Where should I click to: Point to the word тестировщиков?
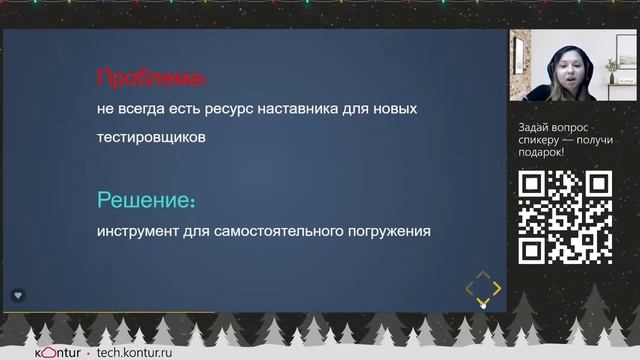tap(151, 138)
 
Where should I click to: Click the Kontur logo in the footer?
tap(57, 352)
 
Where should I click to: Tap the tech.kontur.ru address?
tap(143, 352)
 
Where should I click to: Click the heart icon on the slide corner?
tap(18, 295)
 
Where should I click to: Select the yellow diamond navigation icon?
tap(483, 289)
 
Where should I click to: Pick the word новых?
tap(394, 108)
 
